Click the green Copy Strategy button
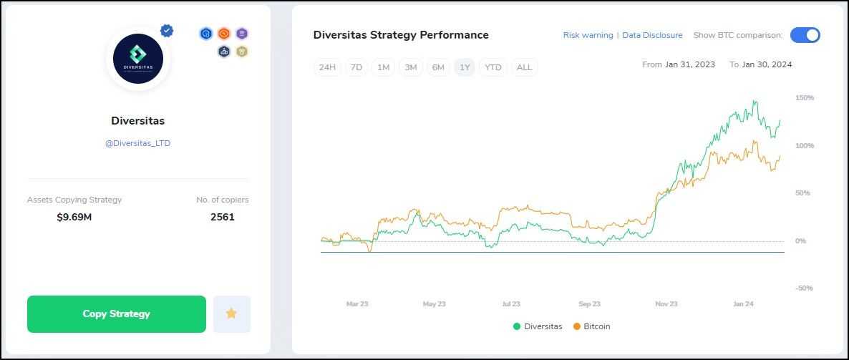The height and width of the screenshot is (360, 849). pos(116,314)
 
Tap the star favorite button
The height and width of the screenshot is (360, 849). pos(231,314)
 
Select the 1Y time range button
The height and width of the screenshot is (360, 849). pos(465,67)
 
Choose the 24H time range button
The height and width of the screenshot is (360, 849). pos(327,67)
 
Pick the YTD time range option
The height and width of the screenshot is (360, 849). pos(493,67)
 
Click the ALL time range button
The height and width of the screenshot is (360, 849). pos(524,67)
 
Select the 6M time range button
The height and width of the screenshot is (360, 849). pos(437,67)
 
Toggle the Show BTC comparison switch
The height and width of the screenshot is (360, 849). pos(805,35)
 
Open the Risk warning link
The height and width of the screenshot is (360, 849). pos(588,35)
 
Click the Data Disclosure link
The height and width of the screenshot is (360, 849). pos(652,35)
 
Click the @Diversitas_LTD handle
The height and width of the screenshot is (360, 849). pos(137,143)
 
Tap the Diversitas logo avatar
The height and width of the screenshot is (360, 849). pos(137,59)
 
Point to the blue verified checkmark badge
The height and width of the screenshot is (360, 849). pos(167,31)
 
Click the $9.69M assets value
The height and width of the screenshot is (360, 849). pos(74,217)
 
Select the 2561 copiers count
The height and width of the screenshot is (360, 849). pos(222,217)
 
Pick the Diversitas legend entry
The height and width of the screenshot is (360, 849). pos(538,326)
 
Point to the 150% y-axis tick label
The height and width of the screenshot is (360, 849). pos(804,97)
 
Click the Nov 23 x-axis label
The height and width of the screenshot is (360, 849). pos(666,304)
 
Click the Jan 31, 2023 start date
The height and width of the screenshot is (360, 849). pos(689,64)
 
